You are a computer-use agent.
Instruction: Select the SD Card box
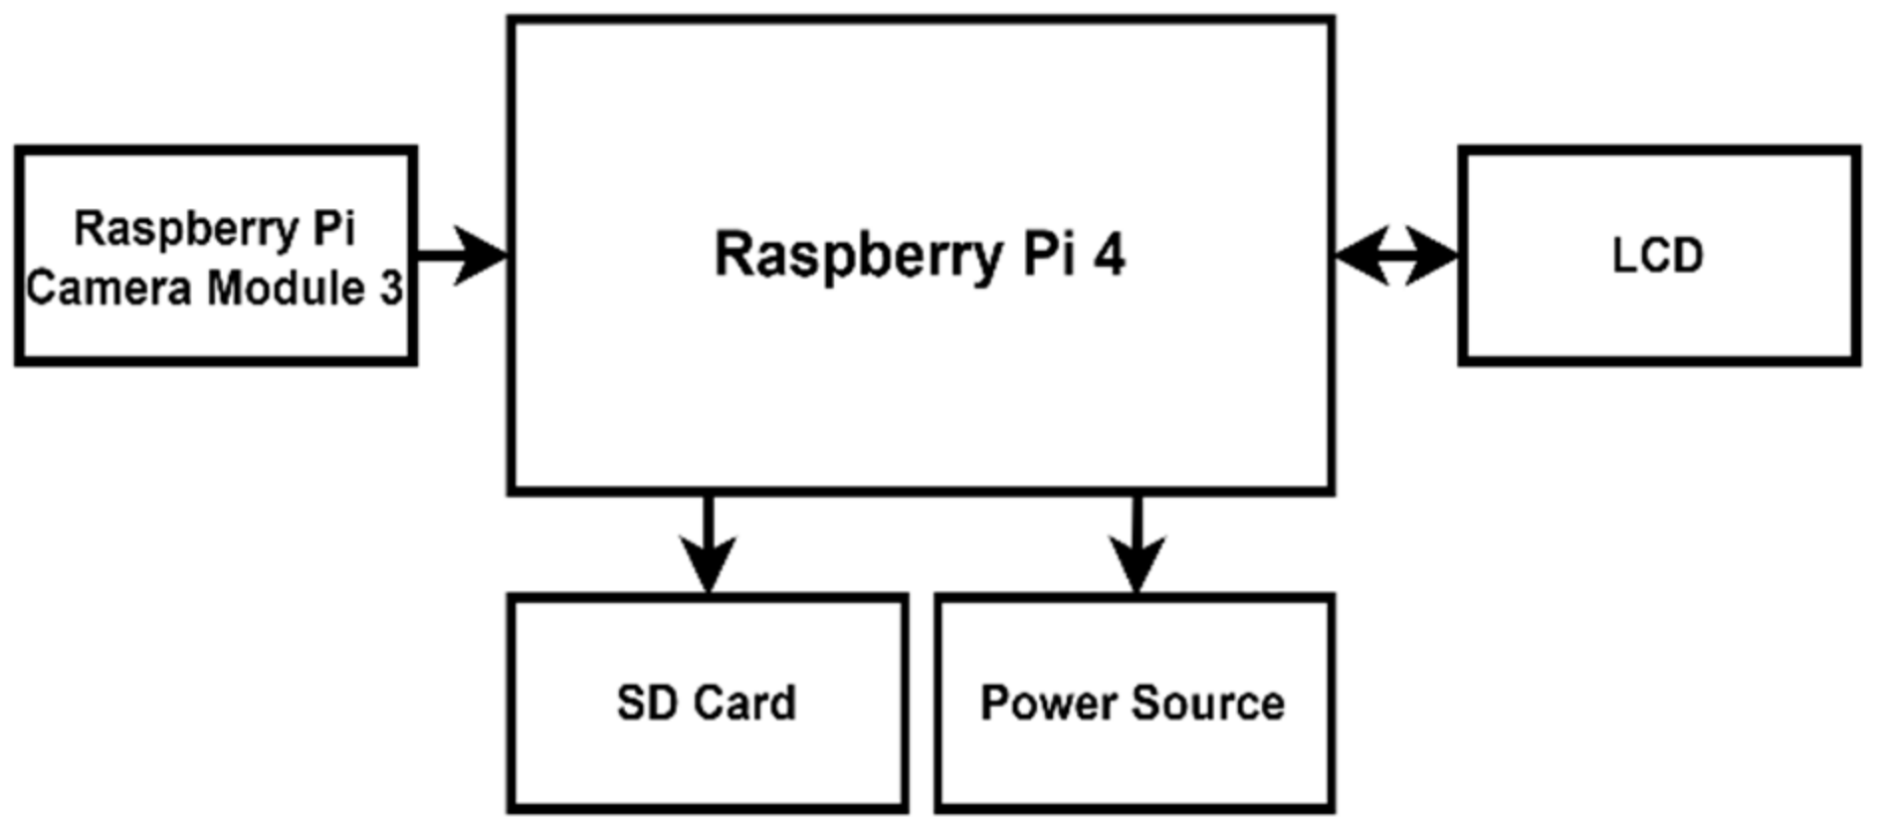click(708, 756)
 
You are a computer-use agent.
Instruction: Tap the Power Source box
click(1135, 756)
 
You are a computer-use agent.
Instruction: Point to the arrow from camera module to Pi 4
click(463, 255)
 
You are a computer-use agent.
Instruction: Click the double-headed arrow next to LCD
click(1396, 257)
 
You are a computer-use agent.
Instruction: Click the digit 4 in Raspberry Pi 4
click(1109, 255)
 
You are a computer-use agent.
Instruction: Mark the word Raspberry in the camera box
click(186, 230)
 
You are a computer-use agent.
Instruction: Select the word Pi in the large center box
click(1049, 255)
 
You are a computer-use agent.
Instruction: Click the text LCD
click(1657, 257)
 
